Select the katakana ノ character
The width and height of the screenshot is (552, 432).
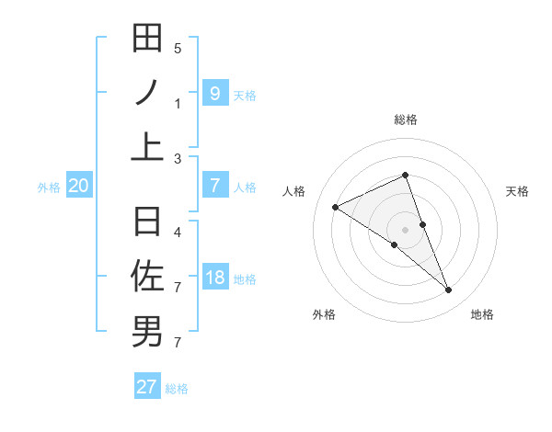[x=147, y=92]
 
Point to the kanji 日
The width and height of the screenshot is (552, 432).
[x=147, y=222]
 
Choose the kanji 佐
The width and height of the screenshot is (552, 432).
[x=147, y=276]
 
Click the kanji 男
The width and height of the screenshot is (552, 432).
[x=147, y=331]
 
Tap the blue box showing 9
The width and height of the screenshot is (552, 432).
[x=214, y=93]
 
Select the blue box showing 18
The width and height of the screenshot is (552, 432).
[x=214, y=278]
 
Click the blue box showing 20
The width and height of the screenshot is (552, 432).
[x=78, y=186]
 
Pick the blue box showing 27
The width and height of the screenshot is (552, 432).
[x=147, y=386]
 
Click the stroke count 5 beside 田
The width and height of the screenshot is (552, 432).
[x=178, y=48]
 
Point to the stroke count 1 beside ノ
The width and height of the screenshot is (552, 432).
[x=178, y=103]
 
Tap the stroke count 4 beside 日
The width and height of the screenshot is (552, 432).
[x=178, y=232]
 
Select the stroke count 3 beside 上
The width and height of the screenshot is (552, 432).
[x=178, y=158]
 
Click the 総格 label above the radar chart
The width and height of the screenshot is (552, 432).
[x=406, y=119]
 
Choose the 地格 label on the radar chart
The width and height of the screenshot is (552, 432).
[x=482, y=314]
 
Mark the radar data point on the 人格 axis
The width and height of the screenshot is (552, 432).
[x=336, y=208]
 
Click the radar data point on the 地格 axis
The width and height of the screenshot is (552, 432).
[x=449, y=290]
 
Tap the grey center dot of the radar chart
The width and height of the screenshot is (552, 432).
[x=405, y=229]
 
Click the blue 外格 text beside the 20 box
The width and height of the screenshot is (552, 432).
[x=49, y=187]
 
